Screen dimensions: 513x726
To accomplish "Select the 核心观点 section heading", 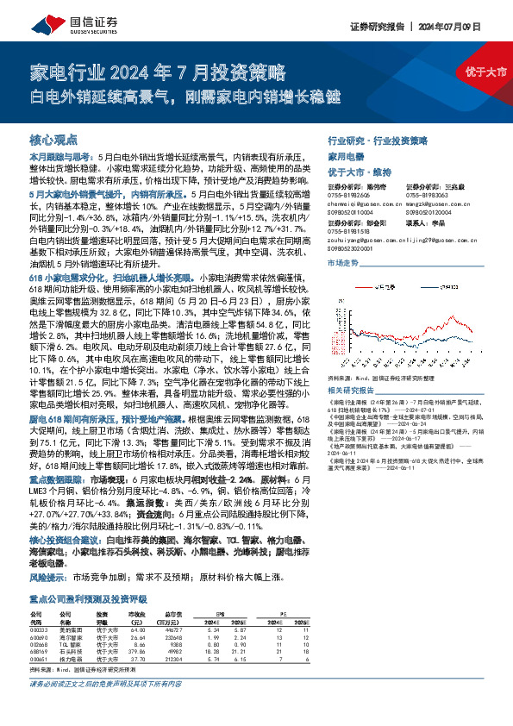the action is tap(54, 139).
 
